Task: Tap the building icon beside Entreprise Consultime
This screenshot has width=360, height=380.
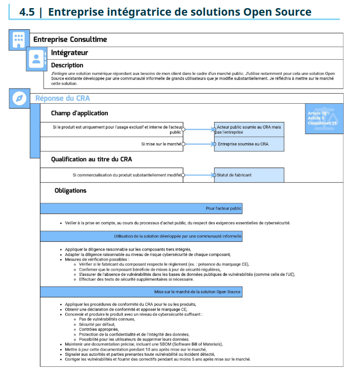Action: (x=19, y=39)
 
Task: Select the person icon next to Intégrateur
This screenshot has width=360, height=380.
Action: (x=36, y=58)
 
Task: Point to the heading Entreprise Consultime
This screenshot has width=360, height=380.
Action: (x=70, y=39)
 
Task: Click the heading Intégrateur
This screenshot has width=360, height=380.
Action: (x=69, y=53)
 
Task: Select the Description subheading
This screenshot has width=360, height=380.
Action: (x=67, y=65)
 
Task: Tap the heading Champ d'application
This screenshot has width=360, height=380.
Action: (x=79, y=113)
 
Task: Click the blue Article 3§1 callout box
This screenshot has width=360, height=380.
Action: (x=324, y=118)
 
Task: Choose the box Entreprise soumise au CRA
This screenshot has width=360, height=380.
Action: (x=249, y=144)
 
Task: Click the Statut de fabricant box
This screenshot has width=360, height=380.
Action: (x=249, y=175)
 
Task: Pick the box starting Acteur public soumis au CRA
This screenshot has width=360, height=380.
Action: (x=249, y=130)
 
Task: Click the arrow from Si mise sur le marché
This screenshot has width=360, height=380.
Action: (x=199, y=144)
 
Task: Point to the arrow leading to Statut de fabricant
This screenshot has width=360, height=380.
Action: (x=199, y=175)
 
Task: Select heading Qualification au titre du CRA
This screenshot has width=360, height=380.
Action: (x=92, y=159)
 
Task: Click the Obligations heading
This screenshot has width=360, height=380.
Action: (x=70, y=191)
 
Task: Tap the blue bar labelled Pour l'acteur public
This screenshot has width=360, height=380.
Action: (x=141, y=208)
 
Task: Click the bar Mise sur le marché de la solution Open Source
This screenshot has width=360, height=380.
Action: (x=141, y=292)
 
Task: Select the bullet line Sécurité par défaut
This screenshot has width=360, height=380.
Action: (x=97, y=324)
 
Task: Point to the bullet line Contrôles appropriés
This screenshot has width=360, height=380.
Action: (x=98, y=329)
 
